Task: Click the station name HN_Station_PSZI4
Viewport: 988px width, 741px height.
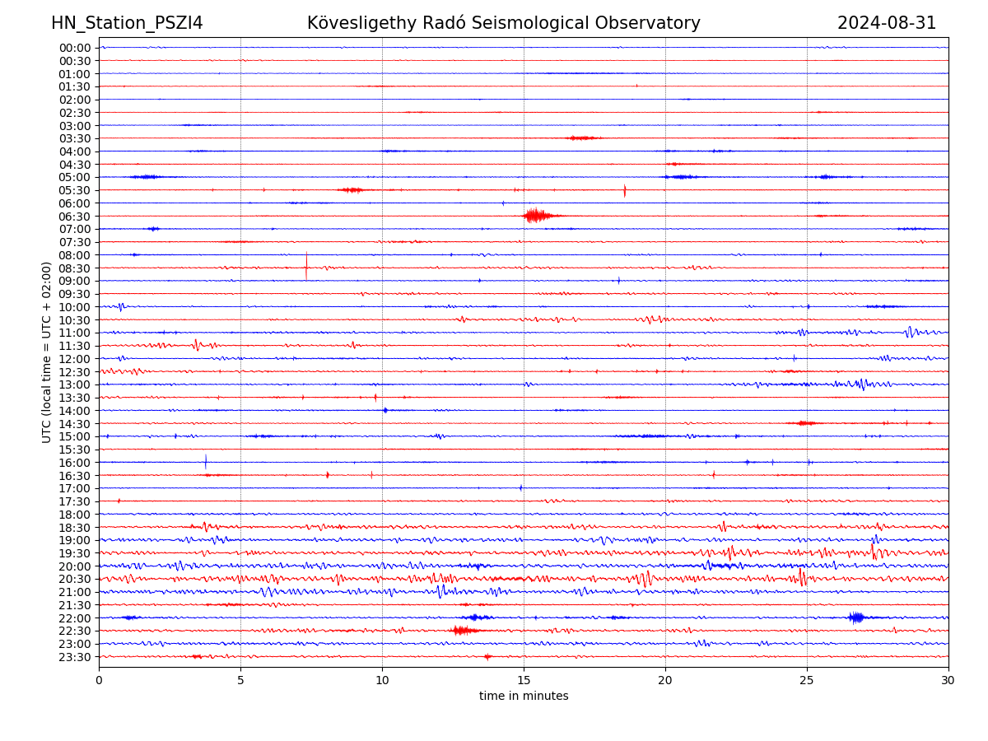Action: pos(127,23)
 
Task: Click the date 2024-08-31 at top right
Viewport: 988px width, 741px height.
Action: pos(887,23)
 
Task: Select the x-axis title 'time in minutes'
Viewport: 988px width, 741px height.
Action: pos(524,696)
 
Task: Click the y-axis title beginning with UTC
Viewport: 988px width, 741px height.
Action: pos(47,352)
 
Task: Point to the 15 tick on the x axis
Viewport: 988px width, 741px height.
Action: pos(524,681)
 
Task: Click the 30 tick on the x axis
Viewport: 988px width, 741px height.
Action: pos(948,681)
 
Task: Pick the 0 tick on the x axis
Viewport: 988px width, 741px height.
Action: pos(99,681)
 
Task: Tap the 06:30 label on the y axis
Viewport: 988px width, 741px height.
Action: pos(74,216)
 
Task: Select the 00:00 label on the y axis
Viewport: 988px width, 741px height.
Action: pos(74,48)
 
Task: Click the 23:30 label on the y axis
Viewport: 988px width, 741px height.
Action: pos(74,657)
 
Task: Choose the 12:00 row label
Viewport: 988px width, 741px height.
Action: pos(74,359)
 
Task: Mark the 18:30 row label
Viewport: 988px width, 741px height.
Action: pos(74,527)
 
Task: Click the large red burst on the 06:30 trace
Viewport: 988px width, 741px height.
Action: pos(536,216)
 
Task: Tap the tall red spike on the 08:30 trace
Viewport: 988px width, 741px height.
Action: pos(306,265)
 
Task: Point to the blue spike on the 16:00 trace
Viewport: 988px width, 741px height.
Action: pos(206,462)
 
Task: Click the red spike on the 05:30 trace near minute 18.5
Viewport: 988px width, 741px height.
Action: pos(625,190)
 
